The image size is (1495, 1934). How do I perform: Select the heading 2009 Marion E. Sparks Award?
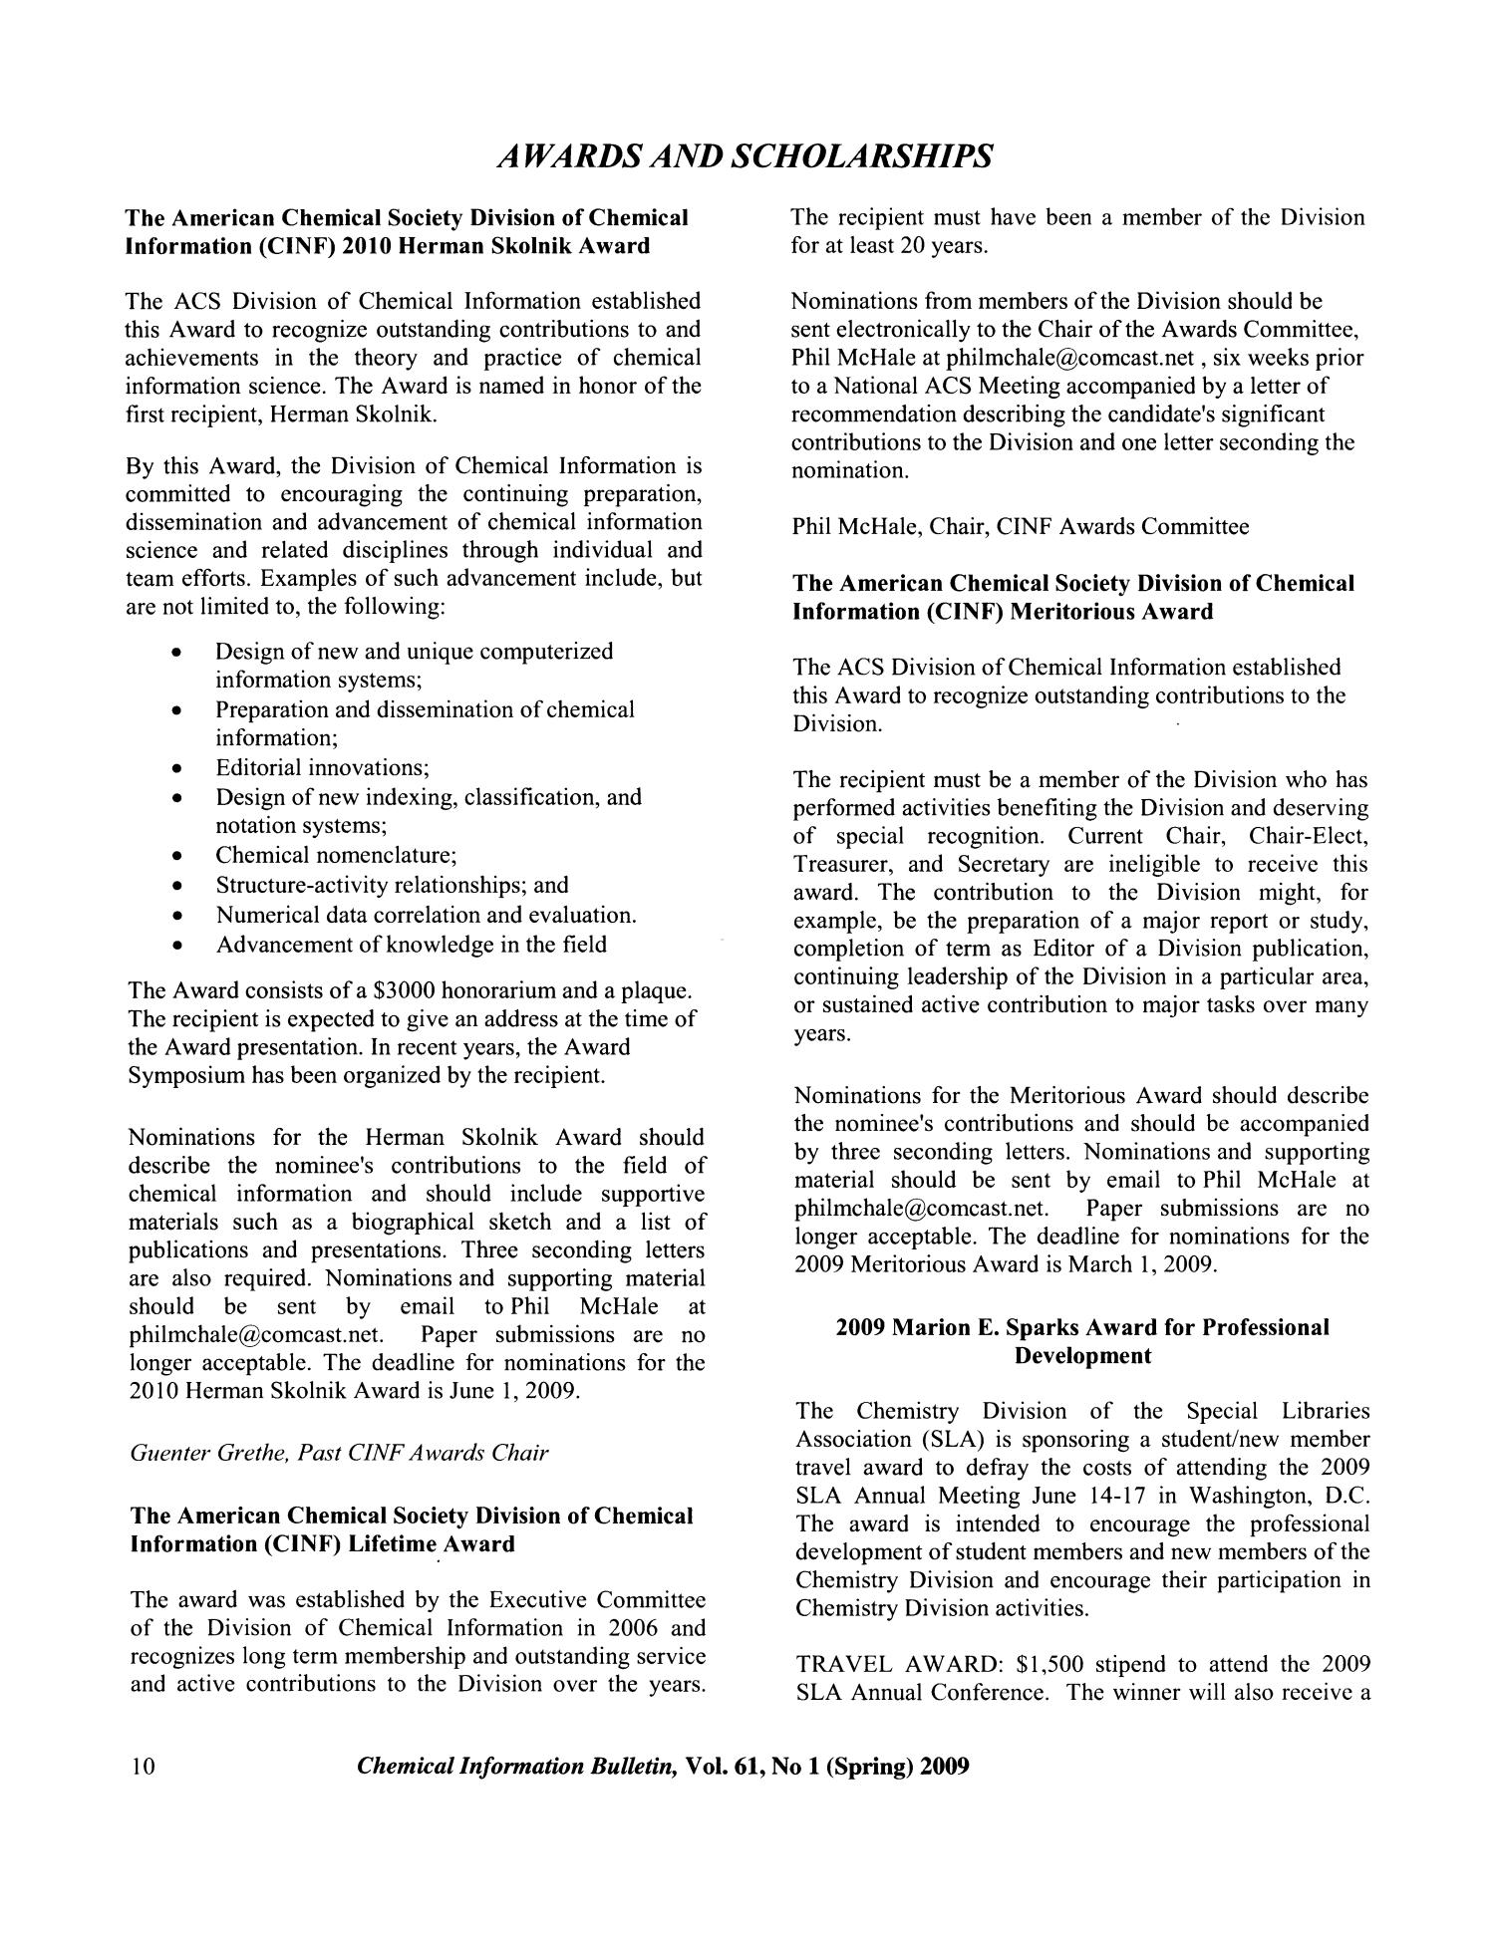click(x=1081, y=1327)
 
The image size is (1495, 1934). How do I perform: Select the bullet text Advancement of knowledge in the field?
click(x=411, y=944)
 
